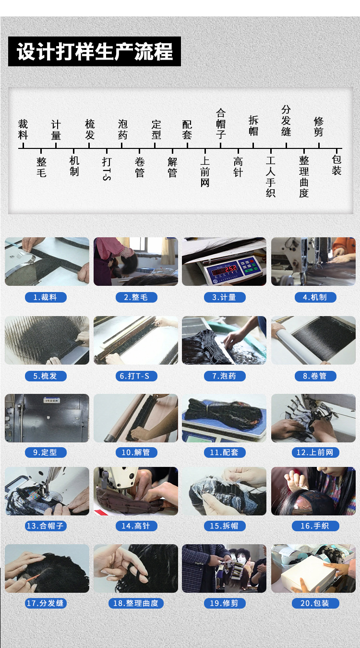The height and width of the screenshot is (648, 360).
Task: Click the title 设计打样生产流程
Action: click(95, 52)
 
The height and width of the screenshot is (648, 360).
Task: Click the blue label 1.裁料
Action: click(46, 297)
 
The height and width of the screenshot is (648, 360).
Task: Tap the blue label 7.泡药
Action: click(224, 376)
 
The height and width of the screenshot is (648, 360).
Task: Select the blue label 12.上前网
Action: click(315, 452)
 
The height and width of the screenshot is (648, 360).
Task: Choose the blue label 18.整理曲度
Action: click(136, 603)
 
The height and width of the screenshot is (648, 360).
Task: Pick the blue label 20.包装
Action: click(314, 603)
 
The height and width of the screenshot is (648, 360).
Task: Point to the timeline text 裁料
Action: click(23, 130)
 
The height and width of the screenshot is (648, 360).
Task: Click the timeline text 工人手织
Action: click(271, 177)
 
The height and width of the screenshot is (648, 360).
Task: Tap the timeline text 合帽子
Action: click(221, 123)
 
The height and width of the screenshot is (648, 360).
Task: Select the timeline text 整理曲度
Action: click(304, 177)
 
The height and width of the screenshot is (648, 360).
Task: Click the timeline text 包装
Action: click(336, 165)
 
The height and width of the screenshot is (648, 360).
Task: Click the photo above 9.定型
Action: click(47, 418)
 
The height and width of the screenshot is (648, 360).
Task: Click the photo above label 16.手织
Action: click(313, 491)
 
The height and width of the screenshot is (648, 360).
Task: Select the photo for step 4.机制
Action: click(313, 261)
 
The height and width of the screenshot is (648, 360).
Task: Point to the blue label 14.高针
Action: click(136, 526)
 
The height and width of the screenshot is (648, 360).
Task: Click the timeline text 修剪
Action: click(319, 127)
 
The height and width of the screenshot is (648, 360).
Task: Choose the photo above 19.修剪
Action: click(224, 568)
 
